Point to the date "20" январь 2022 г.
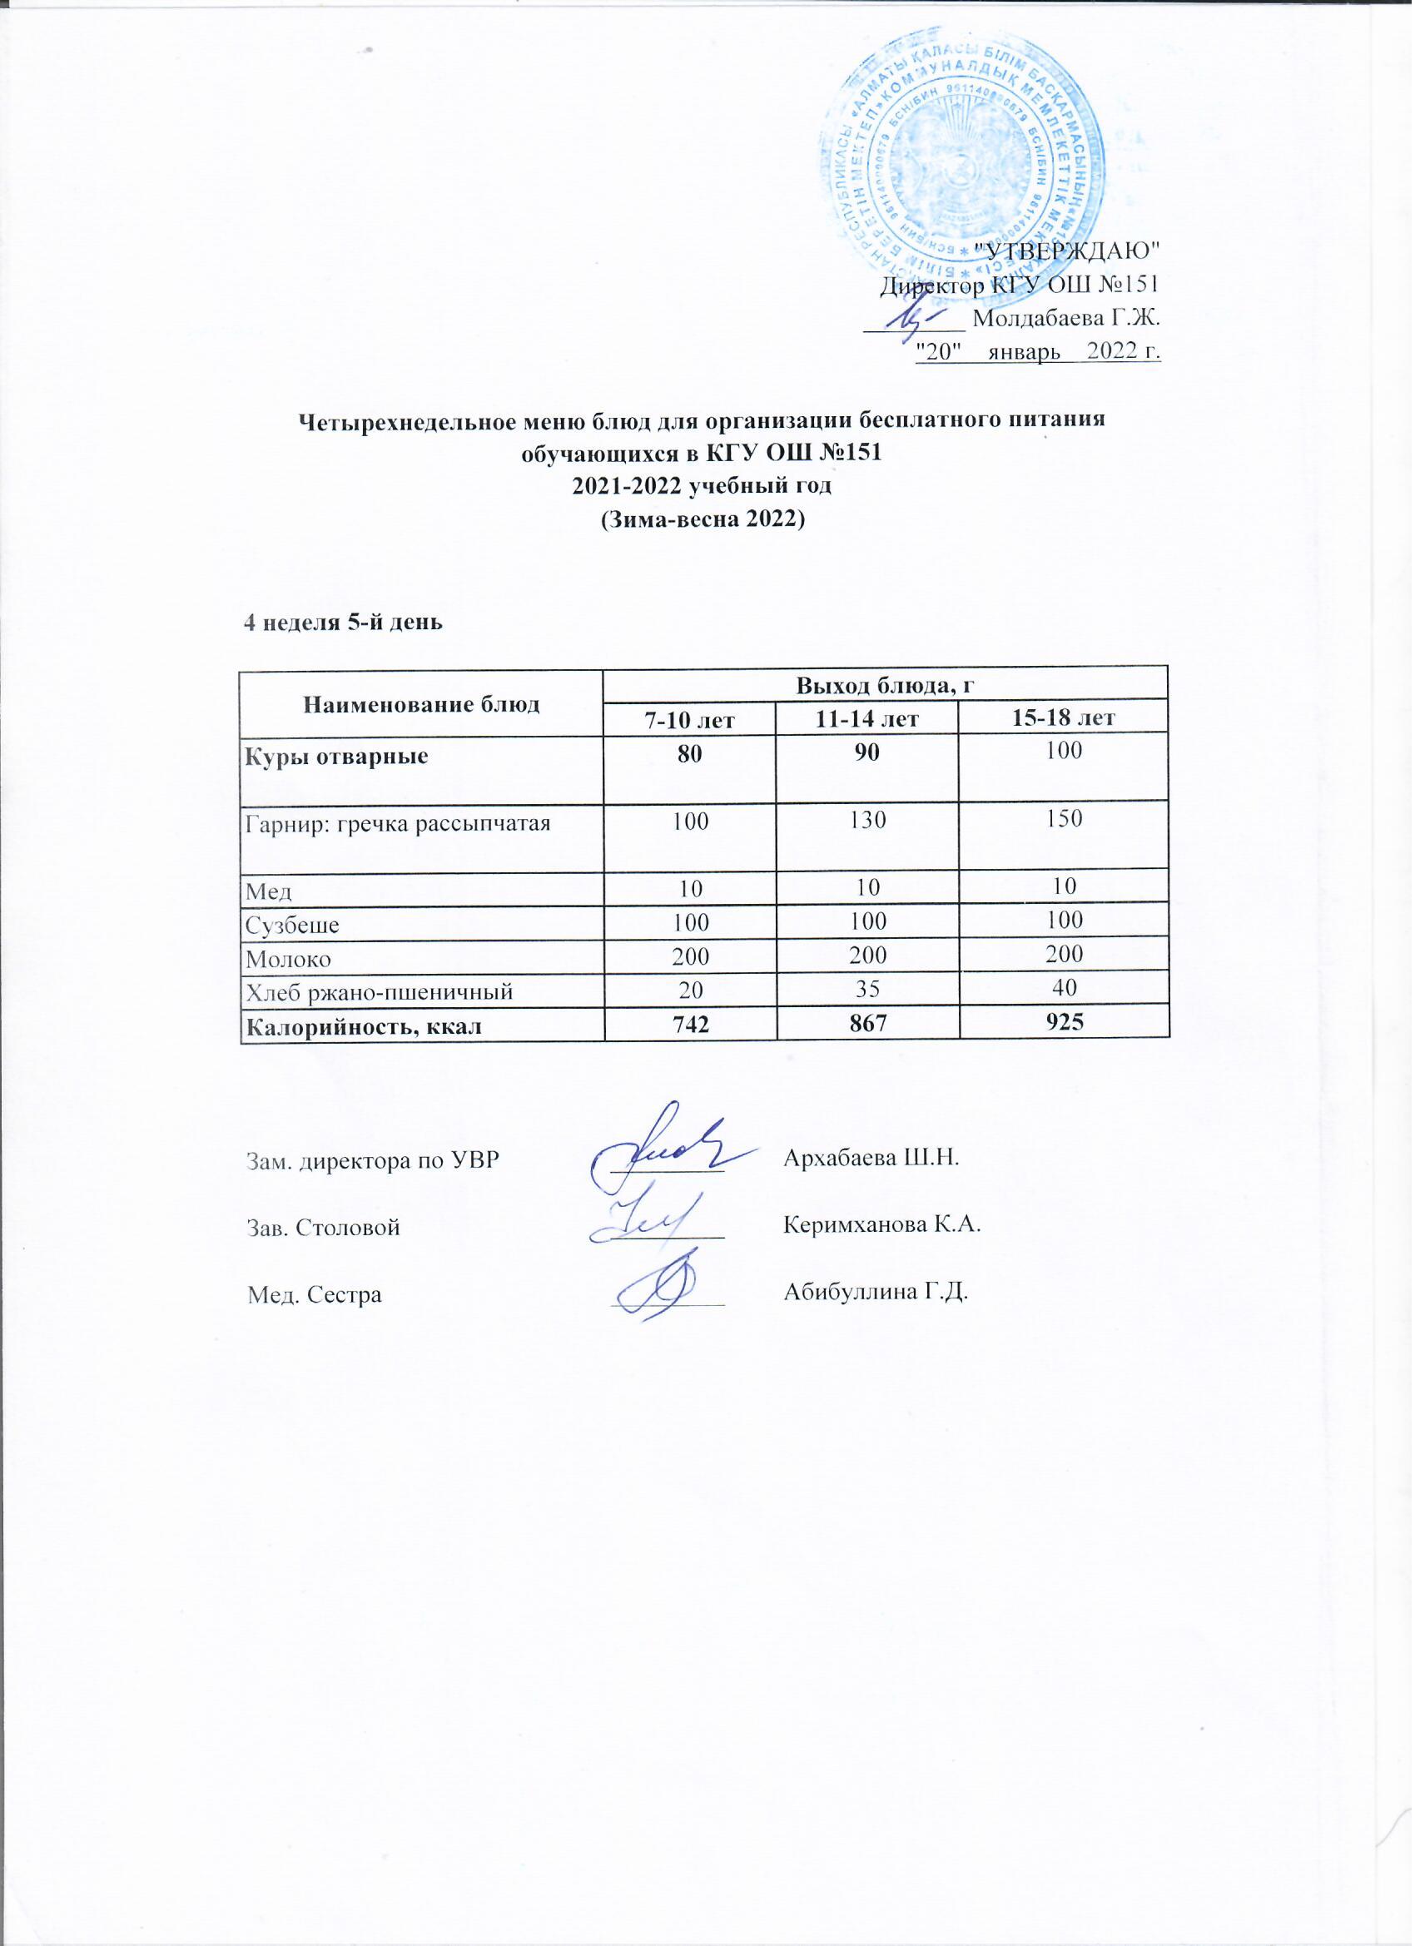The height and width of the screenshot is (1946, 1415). click(x=1038, y=350)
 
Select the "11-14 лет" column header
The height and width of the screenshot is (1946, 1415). click(x=866, y=718)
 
